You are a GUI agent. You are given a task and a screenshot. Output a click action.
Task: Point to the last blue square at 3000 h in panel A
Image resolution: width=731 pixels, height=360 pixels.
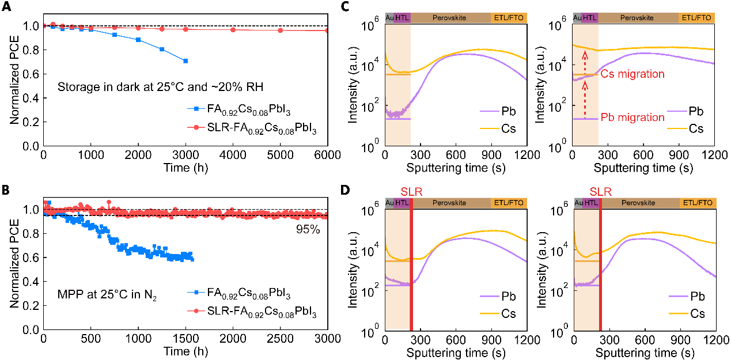tap(185, 61)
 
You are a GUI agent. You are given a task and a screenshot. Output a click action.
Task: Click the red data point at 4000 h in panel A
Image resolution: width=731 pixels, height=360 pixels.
tap(233, 29)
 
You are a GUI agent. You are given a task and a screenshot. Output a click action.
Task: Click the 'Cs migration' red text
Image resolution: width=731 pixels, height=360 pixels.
tap(632, 74)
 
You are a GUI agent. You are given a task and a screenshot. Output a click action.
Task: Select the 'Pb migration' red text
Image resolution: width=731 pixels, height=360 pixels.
tap(632, 118)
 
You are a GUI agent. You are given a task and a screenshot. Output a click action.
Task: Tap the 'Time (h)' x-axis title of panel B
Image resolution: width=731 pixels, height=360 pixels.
tap(185, 351)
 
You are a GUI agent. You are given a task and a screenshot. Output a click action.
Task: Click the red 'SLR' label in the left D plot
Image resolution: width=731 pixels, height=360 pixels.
tap(412, 191)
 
